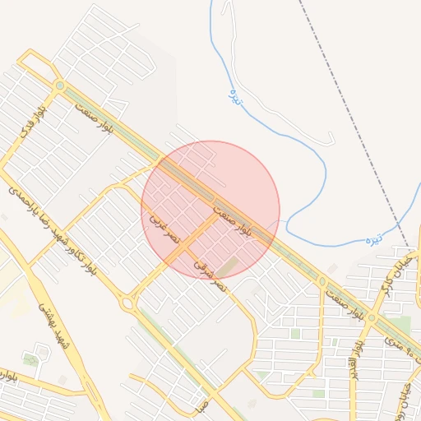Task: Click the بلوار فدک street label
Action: pos(35,122)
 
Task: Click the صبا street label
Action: pos(200,405)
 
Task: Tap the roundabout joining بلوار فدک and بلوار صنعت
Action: pos(59,86)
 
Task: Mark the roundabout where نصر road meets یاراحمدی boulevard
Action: pos(127,303)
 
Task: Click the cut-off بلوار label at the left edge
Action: pos(7,377)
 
